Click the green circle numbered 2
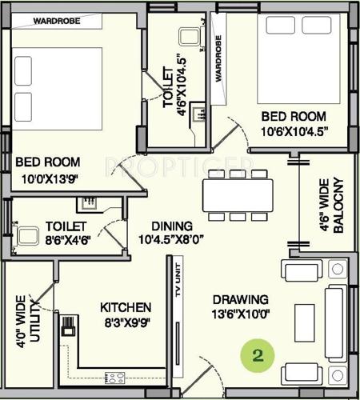tap(258, 354)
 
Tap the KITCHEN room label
tap(147, 307)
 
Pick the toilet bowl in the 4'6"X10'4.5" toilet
tap(190, 38)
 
